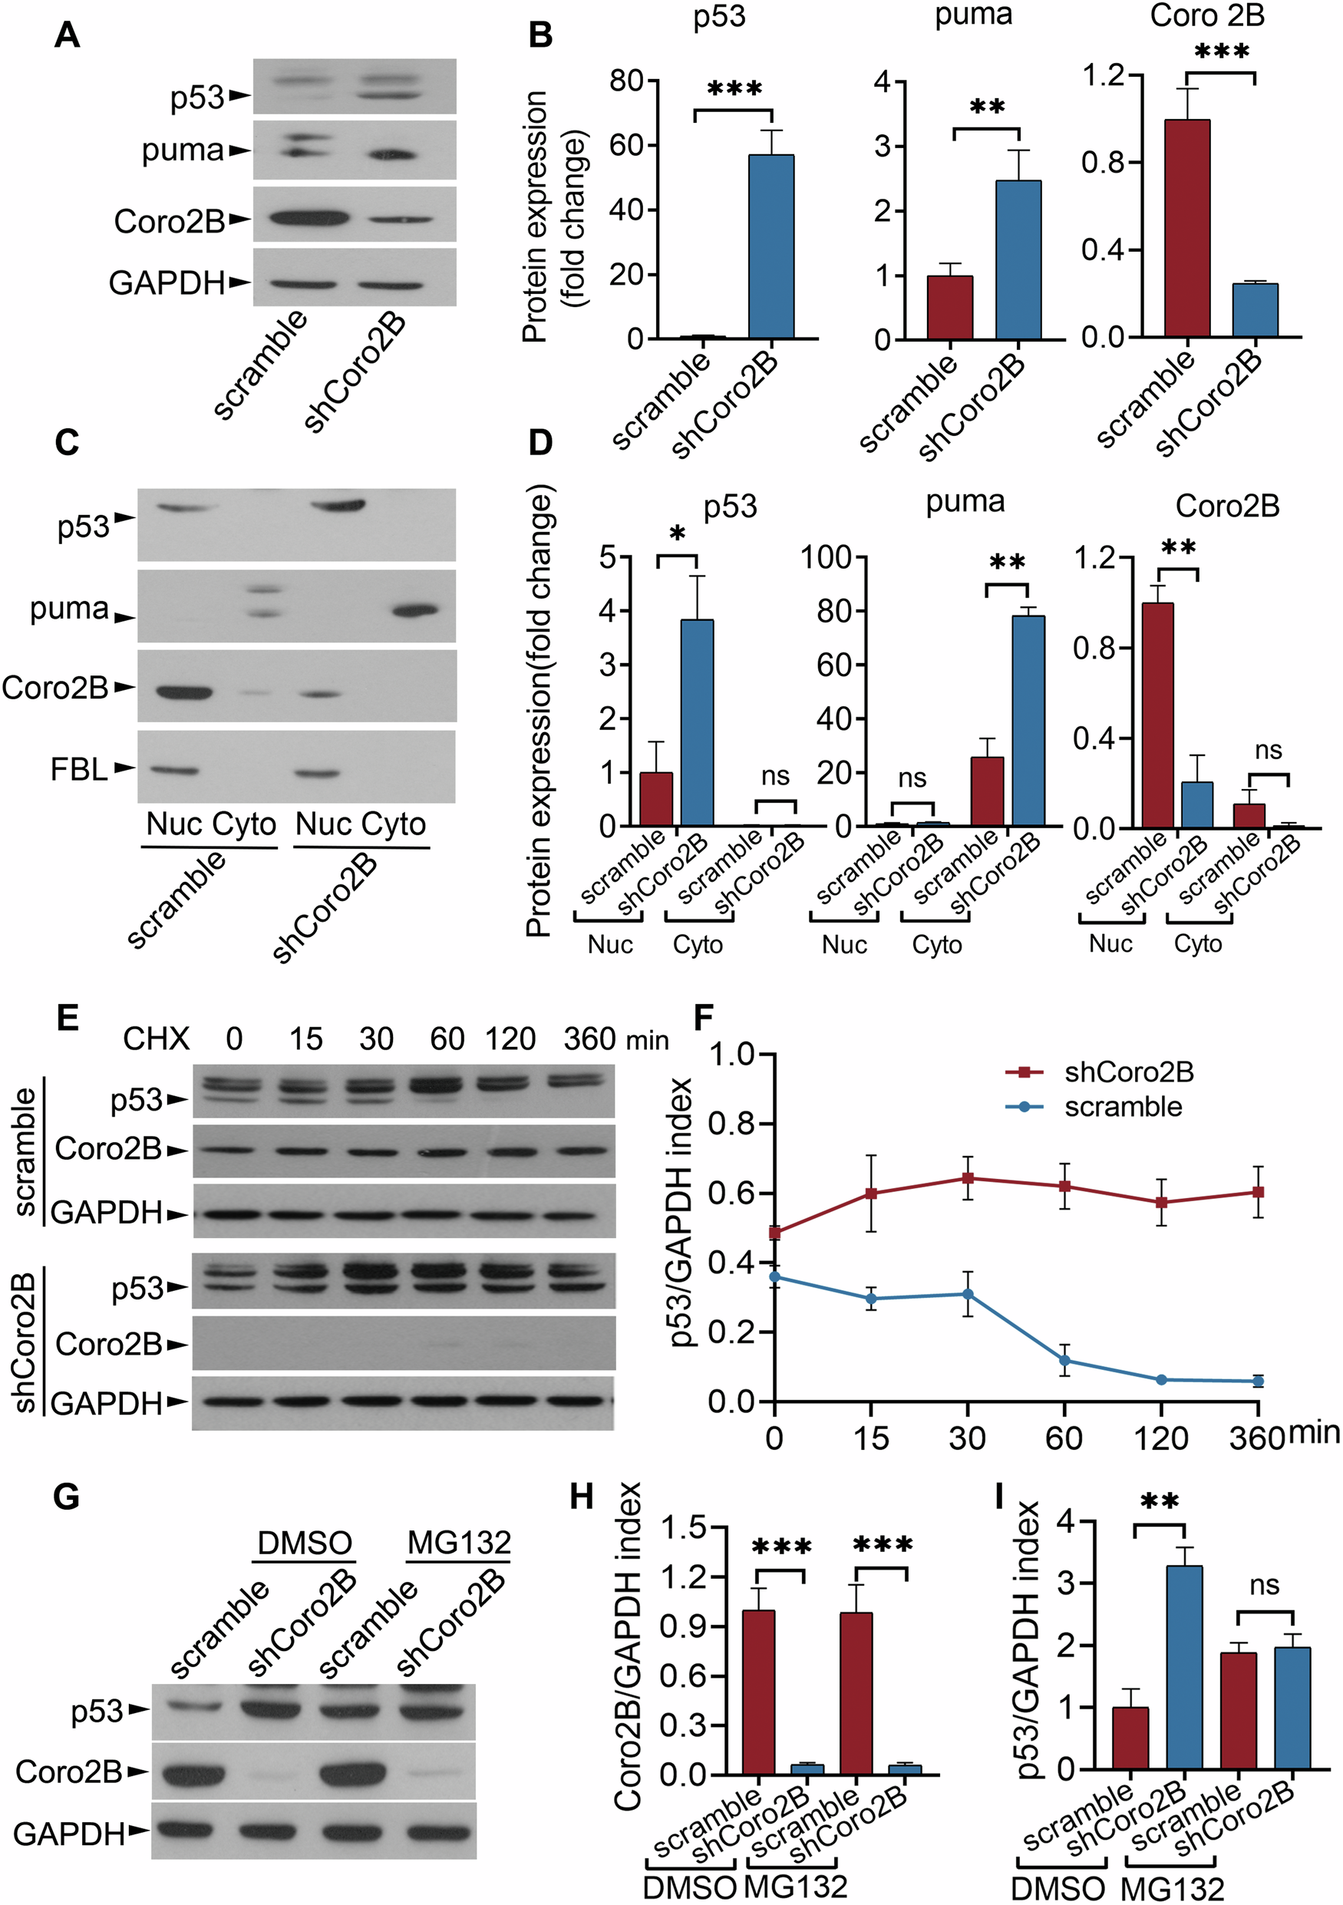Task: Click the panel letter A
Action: [x=68, y=35]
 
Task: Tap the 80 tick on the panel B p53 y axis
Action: [x=626, y=81]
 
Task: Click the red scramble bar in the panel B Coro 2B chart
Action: [x=1187, y=228]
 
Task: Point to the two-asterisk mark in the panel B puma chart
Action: [x=987, y=108]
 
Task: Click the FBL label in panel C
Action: [x=79, y=769]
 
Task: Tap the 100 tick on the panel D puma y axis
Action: [x=827, y=557]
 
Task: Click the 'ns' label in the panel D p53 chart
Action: [x=776, y=776]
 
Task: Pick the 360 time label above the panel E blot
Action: [x=589, y=1038]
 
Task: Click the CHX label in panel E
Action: [x=156, y=1038]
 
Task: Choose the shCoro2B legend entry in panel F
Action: [x=1128, y=1072]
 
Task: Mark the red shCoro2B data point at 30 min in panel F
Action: [x=967, y=1177]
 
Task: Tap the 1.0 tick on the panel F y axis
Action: [x=731, y=1055]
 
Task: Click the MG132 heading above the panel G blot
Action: [x=459, y=1543]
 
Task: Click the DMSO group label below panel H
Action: [x=689, y=1887]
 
